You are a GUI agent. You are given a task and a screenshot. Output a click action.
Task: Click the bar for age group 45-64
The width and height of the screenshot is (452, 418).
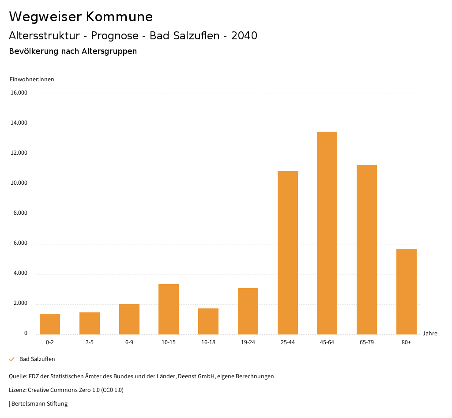coord(327,233)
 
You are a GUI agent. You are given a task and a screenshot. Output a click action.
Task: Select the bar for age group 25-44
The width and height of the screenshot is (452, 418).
coord(287,252)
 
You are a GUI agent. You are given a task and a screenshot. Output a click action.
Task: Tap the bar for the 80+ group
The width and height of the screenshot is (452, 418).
coord(406,291)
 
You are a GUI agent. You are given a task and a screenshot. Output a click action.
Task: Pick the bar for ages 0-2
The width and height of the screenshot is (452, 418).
coord(50,324)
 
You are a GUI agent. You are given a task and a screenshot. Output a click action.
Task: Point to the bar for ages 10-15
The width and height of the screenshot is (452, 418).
coord(169,309)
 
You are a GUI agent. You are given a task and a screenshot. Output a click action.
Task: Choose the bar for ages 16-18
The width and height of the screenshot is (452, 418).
coord(208,321)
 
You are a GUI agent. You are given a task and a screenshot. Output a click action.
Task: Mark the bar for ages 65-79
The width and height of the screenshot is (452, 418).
coord(366,250)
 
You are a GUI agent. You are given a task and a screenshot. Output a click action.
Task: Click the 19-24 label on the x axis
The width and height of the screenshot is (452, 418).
coord(248,342)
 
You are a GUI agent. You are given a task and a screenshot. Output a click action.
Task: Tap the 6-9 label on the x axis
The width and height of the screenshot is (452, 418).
coord(129,342)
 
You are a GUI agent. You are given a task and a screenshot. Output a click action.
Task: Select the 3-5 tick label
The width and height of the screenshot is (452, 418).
coord(90,342)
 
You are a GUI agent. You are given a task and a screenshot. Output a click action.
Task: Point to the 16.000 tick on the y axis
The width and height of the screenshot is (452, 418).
coord(19,93)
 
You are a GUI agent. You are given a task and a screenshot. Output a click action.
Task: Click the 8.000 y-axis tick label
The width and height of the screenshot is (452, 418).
coord(20,213)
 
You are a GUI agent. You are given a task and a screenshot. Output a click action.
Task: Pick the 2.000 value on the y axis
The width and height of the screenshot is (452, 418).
coord(20,304)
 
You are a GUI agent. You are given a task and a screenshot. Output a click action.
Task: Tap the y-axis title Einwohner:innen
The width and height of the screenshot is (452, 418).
coord(32,80)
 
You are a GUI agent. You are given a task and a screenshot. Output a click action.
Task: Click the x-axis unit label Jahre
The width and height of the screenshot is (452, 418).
coord(429,334)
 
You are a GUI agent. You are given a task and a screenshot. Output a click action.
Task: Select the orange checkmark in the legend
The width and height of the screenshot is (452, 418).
coord(12,359)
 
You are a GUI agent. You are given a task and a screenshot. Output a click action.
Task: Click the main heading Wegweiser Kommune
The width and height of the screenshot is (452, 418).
coord(81,17)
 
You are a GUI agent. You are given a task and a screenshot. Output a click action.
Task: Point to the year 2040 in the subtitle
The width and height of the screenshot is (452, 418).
coord(244,36)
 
